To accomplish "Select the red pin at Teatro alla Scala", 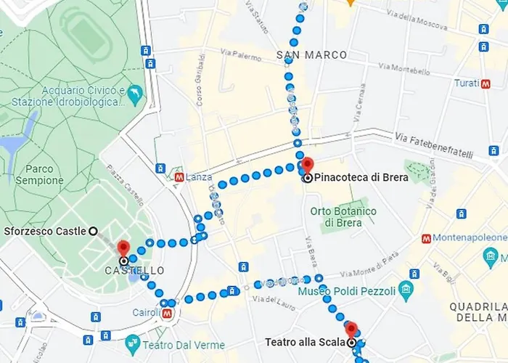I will click(351, 330).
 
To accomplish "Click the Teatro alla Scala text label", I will click(305, 342).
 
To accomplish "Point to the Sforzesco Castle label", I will click(44, 231).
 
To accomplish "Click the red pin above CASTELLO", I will click(123, 249).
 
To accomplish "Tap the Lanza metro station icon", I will click(179, 177).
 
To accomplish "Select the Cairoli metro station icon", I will click(168, 314).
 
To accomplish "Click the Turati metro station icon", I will click(486, 83).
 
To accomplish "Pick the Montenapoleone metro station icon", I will click(426, 238).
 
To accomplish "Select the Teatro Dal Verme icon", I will click(133, 343).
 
